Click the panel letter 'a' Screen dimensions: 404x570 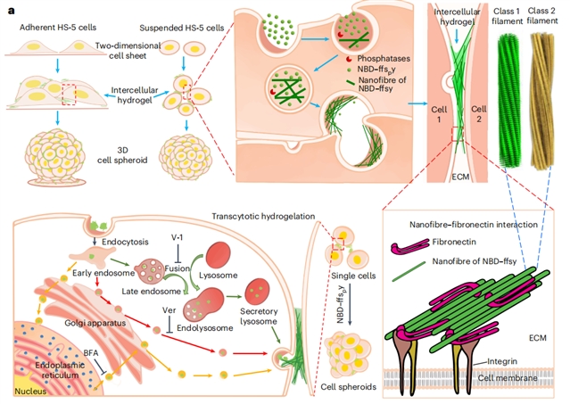11,10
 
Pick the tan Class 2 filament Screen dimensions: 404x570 545,98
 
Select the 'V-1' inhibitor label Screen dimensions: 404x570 178,238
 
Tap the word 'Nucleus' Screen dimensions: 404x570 29,390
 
